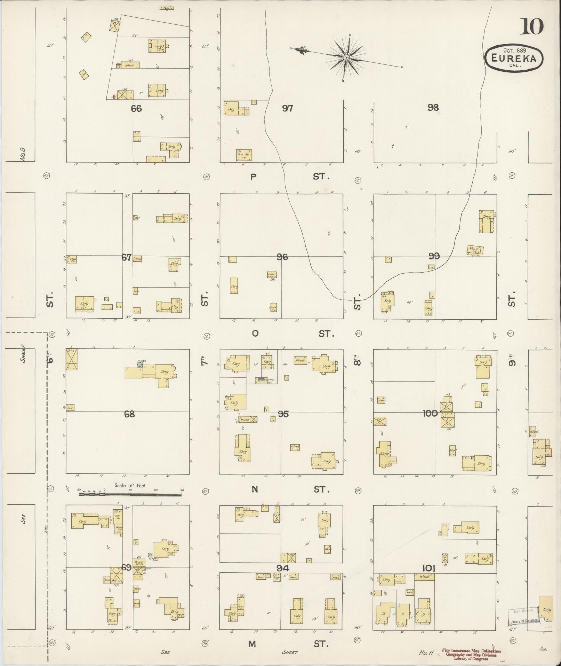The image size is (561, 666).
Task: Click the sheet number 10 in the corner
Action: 531,27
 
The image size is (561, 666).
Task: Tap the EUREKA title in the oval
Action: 514,58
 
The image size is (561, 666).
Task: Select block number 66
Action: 136,109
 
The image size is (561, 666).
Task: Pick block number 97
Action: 287,108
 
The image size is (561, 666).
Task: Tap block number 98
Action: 433,107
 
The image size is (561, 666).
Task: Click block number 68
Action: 129,414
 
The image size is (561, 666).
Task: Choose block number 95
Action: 283,414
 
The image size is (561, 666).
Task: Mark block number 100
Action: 430,413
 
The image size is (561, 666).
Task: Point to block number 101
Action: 428,568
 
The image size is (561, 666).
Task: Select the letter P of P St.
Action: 253,177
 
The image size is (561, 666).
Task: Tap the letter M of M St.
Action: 252,644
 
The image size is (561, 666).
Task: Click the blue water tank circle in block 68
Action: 139,364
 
